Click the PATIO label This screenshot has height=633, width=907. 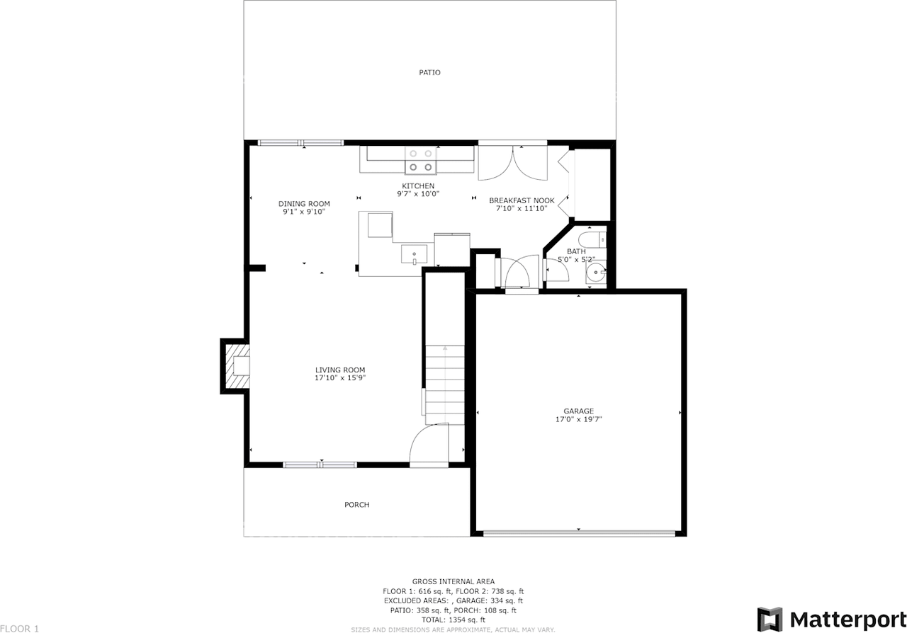coord(429,72)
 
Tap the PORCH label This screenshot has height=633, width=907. coord(356,505)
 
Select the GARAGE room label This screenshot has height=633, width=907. coord(578,411)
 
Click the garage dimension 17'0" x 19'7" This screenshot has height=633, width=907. coord(578,419)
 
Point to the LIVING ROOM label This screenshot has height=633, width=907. coord(340,370)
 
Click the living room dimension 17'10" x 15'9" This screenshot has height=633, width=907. coord(340,378)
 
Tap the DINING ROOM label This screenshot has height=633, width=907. coord(303,204)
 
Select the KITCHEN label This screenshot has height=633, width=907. coord(418,186)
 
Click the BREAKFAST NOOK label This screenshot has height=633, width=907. coord(522,200)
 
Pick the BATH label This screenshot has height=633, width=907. coord(576,251)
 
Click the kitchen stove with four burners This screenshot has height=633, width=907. coord(420,160)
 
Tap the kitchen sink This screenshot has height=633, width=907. coord(414,253)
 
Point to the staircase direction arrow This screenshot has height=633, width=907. coord(444,349)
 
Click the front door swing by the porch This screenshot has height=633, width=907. coord(429,443)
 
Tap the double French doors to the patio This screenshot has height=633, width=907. coord(512,162)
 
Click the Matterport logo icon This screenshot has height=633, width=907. coord(770,618)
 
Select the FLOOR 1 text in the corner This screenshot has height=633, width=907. coord(20,628)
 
